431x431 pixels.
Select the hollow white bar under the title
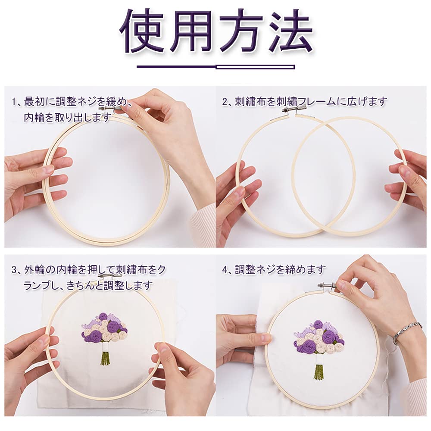click(x=255, y=67)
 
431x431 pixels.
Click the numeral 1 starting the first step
click(x=14, y=102)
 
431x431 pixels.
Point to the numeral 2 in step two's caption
click(x=225, y=102)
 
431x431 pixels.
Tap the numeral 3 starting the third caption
click(x=14, y=270)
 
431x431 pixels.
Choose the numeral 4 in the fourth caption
click(x=225, y=270)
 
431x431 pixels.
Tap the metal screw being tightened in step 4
click(x=328, y=285)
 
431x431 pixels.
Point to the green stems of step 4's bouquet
click(x=319, y=372)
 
